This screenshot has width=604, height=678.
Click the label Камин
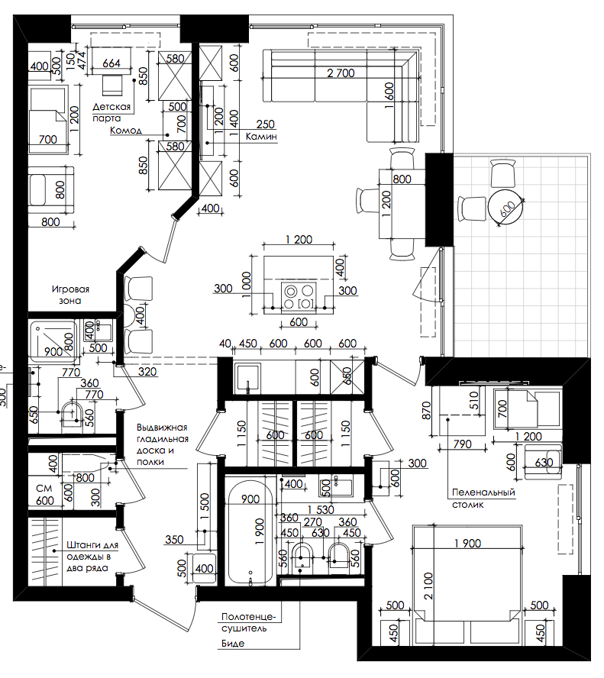(261, 137)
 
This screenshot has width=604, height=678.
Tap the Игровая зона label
(70, 295)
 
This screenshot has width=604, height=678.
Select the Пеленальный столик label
(483, 498)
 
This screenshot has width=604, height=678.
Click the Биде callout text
(233, 644)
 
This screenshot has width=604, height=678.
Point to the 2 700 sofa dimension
(341, 73)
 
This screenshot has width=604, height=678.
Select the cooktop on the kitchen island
(299, 296)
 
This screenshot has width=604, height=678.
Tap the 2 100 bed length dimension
(428, 586)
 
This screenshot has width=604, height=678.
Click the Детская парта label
(111, 112)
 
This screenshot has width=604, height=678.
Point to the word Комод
(125, 130)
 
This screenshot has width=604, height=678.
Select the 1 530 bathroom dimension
(321, 510)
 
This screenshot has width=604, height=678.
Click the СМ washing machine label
(44, 488)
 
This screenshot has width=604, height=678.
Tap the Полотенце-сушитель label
(248, 622)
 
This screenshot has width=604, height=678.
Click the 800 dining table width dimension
(402, 179)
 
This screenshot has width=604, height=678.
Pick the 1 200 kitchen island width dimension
(299, 240)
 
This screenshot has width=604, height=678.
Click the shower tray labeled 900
(54, 341)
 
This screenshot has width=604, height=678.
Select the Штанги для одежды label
(92, 557)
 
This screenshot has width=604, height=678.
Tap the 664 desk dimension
(111, 63)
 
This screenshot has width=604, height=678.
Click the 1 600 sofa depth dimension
(389, 95)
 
